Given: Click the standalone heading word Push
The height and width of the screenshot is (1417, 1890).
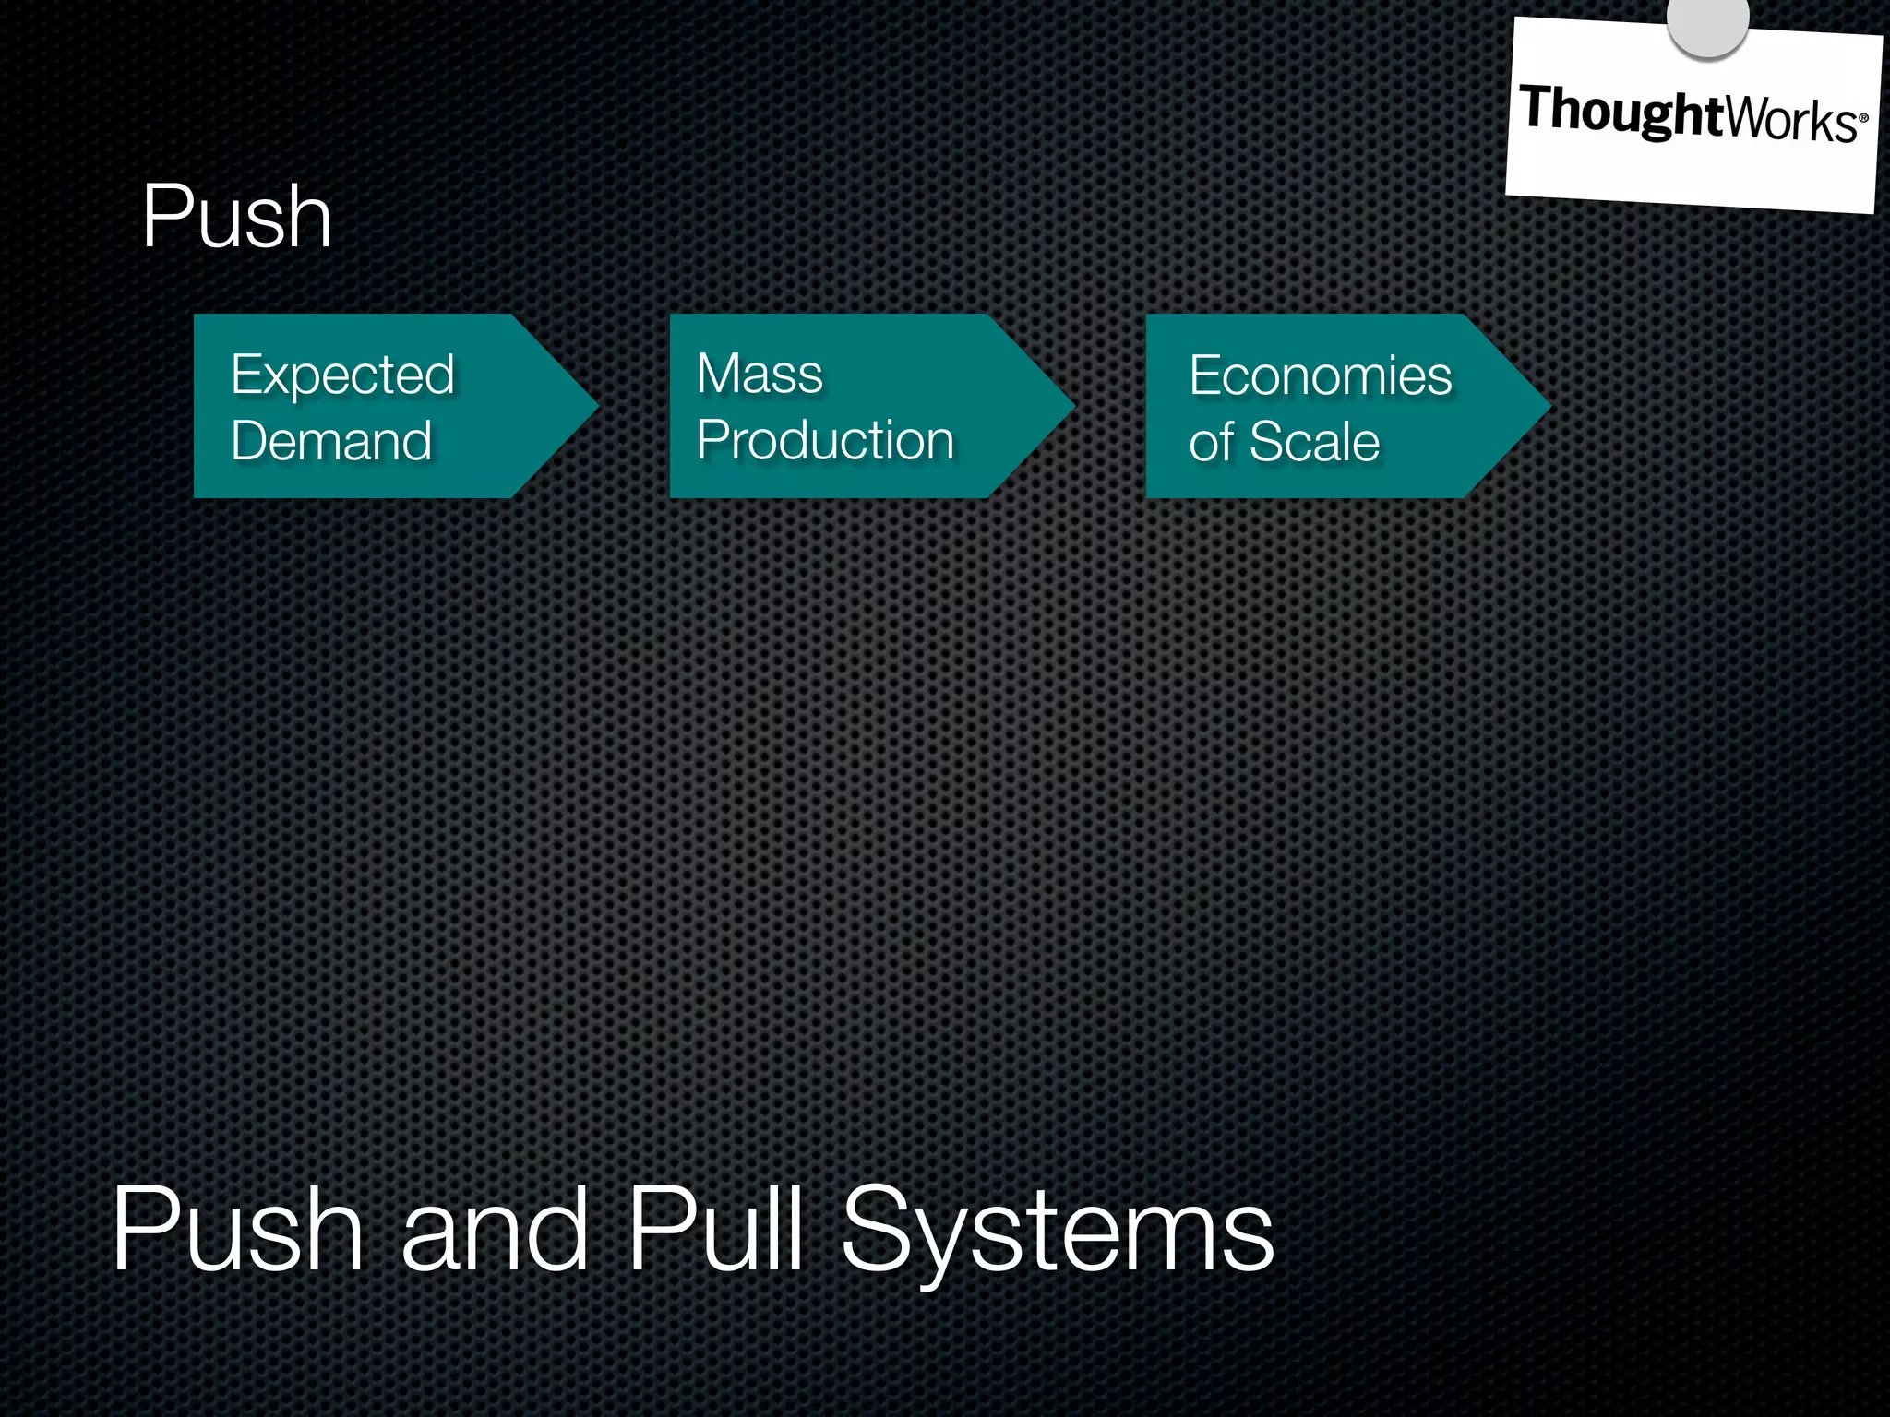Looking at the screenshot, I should pyautogui.click(x=236, y=217).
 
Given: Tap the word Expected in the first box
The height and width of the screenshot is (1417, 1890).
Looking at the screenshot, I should pyautogui.click(x=342, y=375).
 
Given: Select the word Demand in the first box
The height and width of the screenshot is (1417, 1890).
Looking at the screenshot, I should pyautogui.click(x=331, y=440).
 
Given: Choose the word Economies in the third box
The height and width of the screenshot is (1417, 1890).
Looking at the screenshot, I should pyautogui.click(x=1321, y=375).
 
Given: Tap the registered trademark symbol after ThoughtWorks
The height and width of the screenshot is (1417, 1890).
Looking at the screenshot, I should pyautogui.click(x=1863, y=118).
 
